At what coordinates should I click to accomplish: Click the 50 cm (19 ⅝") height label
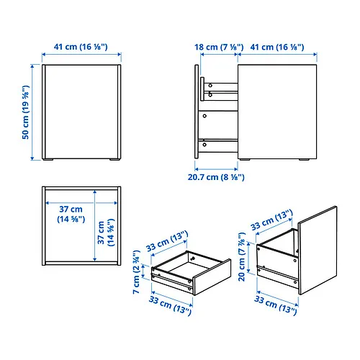[25, 112]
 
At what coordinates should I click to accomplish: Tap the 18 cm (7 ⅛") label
[219, 47]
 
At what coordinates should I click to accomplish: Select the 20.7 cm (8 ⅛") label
[216, 177]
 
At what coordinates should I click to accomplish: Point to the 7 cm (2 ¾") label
[136, 271]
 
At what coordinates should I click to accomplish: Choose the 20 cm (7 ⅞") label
[242, 256]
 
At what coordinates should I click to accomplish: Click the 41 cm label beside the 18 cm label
[277, 47]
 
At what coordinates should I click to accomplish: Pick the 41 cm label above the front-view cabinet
[81, 47]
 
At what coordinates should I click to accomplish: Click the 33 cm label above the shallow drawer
[167, 241]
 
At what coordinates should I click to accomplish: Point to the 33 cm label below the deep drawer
[276, 305]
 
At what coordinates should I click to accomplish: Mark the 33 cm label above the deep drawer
[271, 220]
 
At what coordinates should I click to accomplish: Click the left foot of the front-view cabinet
[48, 159]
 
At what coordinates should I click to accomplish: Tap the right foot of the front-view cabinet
[114, 159]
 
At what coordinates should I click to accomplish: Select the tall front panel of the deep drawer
[318, 251]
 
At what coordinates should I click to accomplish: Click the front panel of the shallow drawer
[212, 277]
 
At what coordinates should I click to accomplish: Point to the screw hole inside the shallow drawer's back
[192, 258]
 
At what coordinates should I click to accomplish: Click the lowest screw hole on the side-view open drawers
[204, 145]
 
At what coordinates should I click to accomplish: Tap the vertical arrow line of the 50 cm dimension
[32, 112]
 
